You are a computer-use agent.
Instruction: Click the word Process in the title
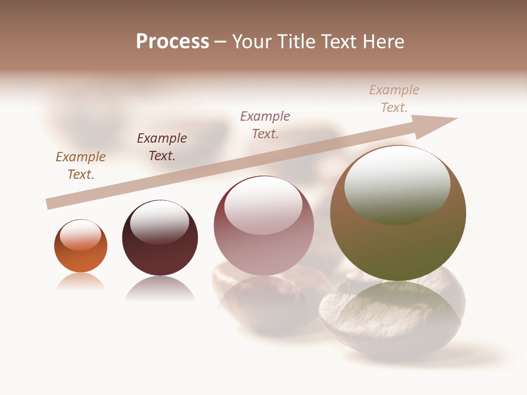pyautogui.click(x=172, y=42)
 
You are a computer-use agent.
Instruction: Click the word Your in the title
pyautogui.click(x=250, y=42)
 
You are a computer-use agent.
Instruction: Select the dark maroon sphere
pyautogui.click(x=160, y=252)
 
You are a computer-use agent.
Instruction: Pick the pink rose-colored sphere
pyautogui.click(x=263, y=247)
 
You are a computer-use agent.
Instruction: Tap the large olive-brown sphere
pyautogui.click(x=397, y=241)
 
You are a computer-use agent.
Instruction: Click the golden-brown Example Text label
pyautogui.click(x=81, y=165)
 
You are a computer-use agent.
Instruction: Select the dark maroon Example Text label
pyautogui.click(x=162, y=146)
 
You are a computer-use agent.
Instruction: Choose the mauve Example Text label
pyautogui.click(x=265, y=125)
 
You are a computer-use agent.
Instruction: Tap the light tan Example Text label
pyautogui.click(x=394, y=98)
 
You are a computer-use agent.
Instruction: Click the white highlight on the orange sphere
pyautogui.click(x=80, y=234)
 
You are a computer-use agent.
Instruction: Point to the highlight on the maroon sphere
pyautogui.click(x=159, y=222)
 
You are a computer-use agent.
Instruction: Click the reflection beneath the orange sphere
pyautogui.click(x=81, y=282)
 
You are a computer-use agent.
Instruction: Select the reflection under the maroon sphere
pyautogui.click(x=160, y=289)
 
